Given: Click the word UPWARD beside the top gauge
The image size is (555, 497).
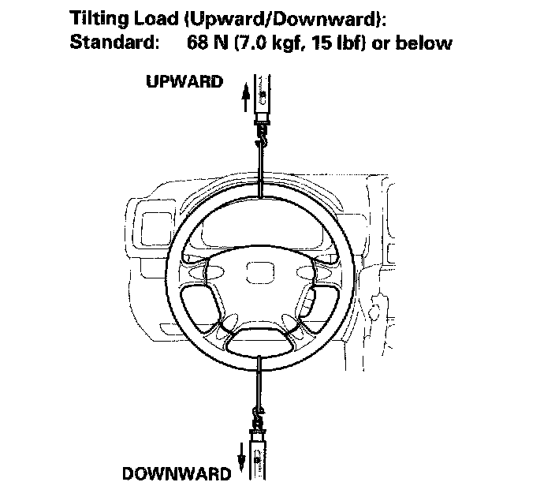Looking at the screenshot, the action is [x=184, y=83].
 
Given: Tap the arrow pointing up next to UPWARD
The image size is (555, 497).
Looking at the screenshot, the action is [x=245, y=97].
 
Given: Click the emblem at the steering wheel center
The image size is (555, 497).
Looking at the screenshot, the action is [x=257, y=275].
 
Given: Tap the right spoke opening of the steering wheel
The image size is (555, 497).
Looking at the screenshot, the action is [x=317, y=303].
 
